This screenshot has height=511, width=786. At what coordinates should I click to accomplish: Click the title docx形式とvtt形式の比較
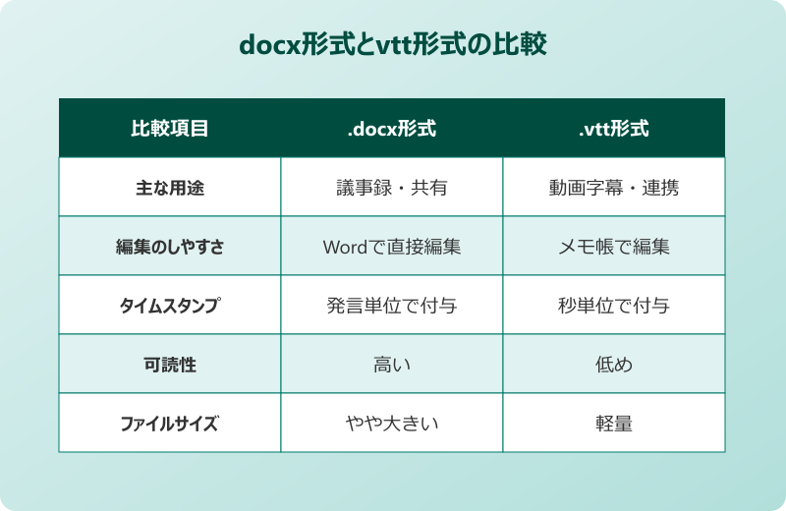click(x=392, y=45)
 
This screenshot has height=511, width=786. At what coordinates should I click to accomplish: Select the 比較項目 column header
click(x=170, y=129)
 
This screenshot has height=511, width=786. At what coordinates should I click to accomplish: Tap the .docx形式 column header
click(x=392, y=129)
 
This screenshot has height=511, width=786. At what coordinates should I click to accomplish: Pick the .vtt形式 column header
click(x=614, y=129)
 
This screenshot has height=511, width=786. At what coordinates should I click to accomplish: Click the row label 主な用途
click(x=170, y=188)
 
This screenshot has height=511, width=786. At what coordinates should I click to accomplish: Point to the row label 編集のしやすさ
click(x=170, y=247)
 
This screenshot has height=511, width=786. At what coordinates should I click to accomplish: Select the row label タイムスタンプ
click(x=170, y=306)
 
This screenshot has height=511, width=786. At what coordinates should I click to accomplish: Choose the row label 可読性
click(x=170, y=365)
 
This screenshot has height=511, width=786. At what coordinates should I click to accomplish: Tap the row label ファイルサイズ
click(x=170, y=424)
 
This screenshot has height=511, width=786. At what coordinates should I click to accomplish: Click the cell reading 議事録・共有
click(x=392, y=188)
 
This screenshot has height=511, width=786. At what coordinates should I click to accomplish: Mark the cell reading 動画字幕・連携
click(x=614, y=188)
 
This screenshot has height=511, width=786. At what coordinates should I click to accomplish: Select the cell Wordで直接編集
click(x=392, y=247)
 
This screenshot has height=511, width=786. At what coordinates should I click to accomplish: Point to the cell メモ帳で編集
click(x=614, y=247)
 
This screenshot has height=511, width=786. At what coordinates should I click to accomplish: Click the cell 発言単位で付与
click(x=392, y=306)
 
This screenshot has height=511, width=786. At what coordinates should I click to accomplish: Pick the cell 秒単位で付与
click(x=614, y=306)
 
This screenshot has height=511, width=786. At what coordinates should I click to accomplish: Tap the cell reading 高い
click(x=392, y=365)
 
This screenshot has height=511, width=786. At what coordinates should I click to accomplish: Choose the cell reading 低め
click(x=614, y=365)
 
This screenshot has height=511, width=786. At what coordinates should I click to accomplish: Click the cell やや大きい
click(x=392, y=424)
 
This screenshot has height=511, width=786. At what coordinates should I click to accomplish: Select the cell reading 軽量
click(x=614, y=424)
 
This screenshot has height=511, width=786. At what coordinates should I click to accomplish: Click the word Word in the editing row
click(x=344, y=247)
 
